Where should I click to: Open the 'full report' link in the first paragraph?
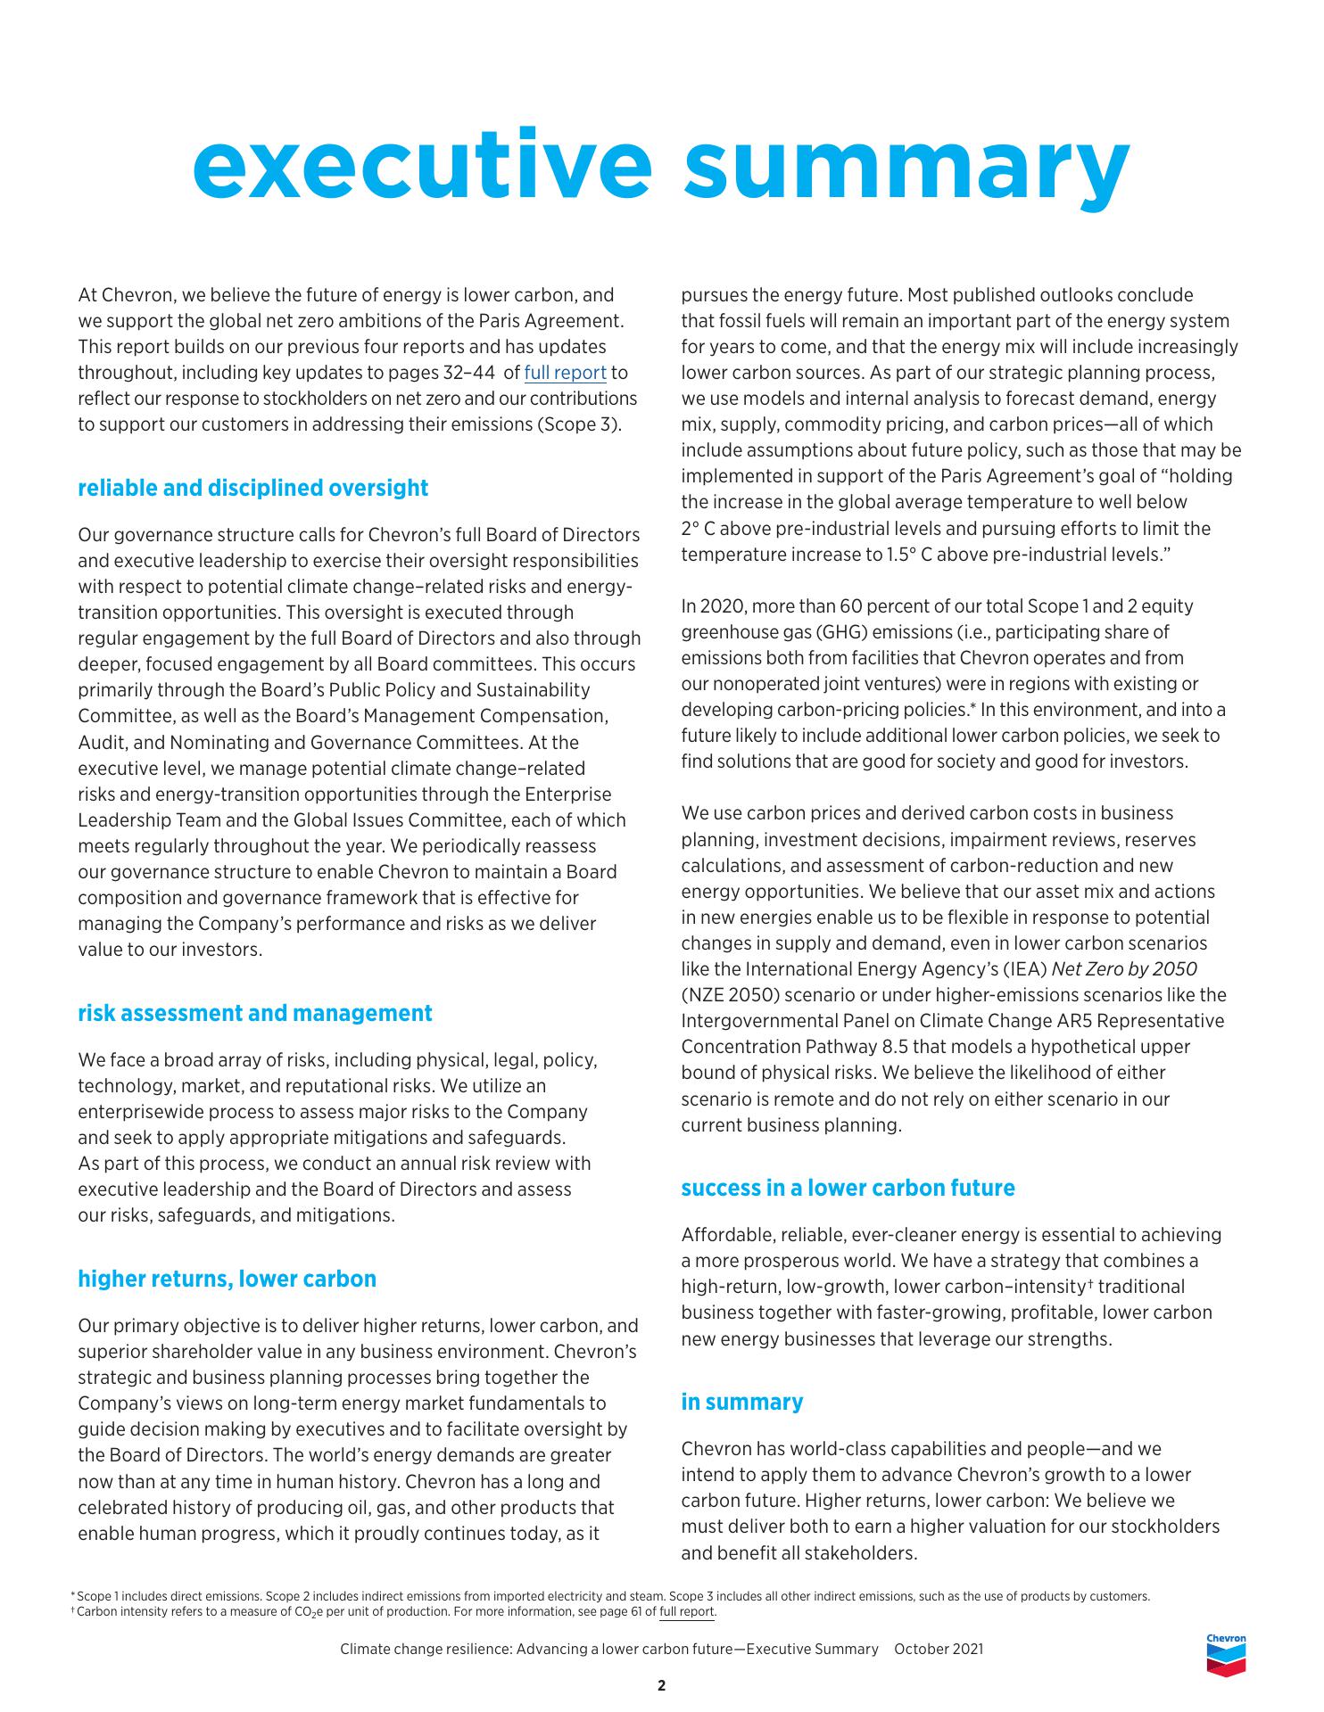click(565, 373)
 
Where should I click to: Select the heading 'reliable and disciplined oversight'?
click(252, 488)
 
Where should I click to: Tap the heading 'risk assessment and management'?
click(254, 1013)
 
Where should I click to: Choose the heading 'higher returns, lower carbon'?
click(227, 1279)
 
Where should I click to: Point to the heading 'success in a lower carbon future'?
click(848, 1188)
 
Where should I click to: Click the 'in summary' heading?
click(741, 1402)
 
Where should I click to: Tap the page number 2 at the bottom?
click(661, 1685)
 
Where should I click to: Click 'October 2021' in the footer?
click(939, 1649)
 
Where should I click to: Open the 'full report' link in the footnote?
click(687, 1611)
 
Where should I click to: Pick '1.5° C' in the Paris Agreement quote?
click(914, 554)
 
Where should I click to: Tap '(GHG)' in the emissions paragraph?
click(838, 632)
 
